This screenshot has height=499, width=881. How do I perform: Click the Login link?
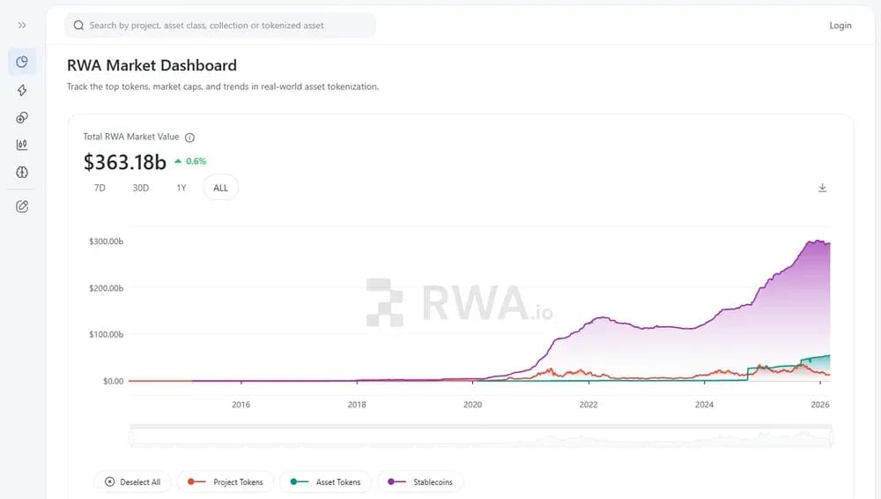pos(840,26)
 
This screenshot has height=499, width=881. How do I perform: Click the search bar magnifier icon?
pos(79,26)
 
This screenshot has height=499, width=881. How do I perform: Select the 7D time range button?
pos(100,188)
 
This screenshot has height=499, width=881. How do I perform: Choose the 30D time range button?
pos(140,188)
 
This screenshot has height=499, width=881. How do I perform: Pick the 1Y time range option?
pos(181,188)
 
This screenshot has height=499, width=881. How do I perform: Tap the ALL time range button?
pos(220,188)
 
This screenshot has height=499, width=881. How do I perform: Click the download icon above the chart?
pos(822,188)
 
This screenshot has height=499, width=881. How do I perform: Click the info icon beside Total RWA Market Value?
pos(189,138)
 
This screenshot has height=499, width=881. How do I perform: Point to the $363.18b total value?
pos(124,162)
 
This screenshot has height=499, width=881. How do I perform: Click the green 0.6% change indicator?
pos(190,161)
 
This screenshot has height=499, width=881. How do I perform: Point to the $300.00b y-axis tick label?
pos(106,242)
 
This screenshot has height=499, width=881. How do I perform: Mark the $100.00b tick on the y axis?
pos(106,335)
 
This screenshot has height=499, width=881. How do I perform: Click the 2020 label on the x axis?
pos(473,406)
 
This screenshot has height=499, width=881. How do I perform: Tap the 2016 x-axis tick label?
pos(241,406)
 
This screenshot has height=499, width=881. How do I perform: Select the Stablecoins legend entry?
pos(420,482)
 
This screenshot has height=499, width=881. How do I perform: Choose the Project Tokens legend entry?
pos(226,482)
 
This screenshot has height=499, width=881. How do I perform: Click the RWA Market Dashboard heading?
pos(152,65)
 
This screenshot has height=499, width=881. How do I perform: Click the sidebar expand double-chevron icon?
pos(22,26)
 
